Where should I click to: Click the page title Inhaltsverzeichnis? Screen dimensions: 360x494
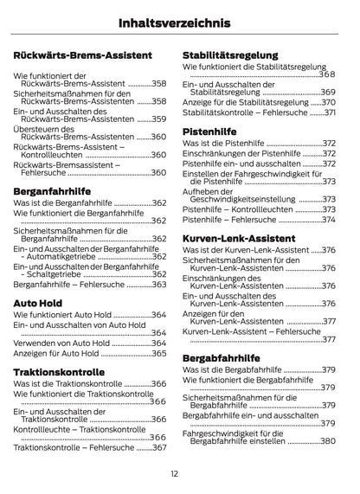coord(180,23)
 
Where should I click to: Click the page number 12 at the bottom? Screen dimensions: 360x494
coord(175,473)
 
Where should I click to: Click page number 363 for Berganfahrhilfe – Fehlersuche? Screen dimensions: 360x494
coord(159,284)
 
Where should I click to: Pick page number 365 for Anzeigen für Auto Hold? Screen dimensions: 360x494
coord(159,353)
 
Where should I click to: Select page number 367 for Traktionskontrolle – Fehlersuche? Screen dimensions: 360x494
coord(159,447)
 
